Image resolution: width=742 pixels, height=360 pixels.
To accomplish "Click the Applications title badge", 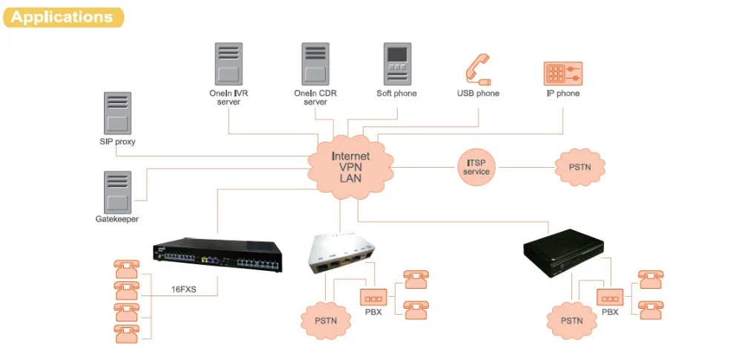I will [62, 17].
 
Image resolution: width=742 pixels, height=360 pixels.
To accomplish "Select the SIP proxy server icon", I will [117, 113].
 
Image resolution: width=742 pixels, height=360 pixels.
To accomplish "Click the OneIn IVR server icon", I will [229, 64].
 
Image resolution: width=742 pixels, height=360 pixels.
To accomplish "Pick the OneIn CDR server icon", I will [315, 64].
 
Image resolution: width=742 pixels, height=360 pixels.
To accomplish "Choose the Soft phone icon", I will [397, 64].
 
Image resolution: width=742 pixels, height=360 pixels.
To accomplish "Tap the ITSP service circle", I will [476, 167].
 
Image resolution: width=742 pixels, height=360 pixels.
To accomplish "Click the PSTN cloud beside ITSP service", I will [580, 167].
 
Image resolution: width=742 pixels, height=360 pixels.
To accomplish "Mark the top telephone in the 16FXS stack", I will [127, 267].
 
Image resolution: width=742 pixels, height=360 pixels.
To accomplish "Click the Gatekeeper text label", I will [117, 219].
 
